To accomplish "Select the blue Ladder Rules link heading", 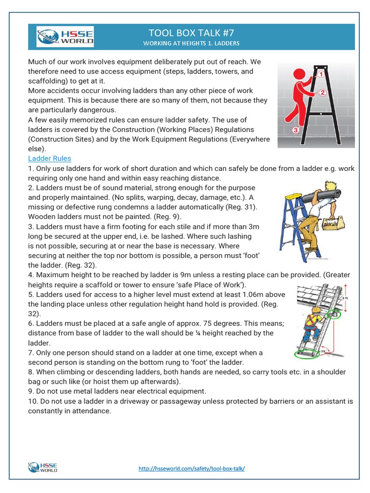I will (x=50, y=158).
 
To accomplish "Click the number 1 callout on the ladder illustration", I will (x=320, y=75).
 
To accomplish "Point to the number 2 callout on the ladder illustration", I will (x=323, y=92).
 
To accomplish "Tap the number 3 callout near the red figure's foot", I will (x=296, y=130).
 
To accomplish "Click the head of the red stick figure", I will (x=300, y=75).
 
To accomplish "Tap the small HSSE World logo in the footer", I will (x=43, y=467).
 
